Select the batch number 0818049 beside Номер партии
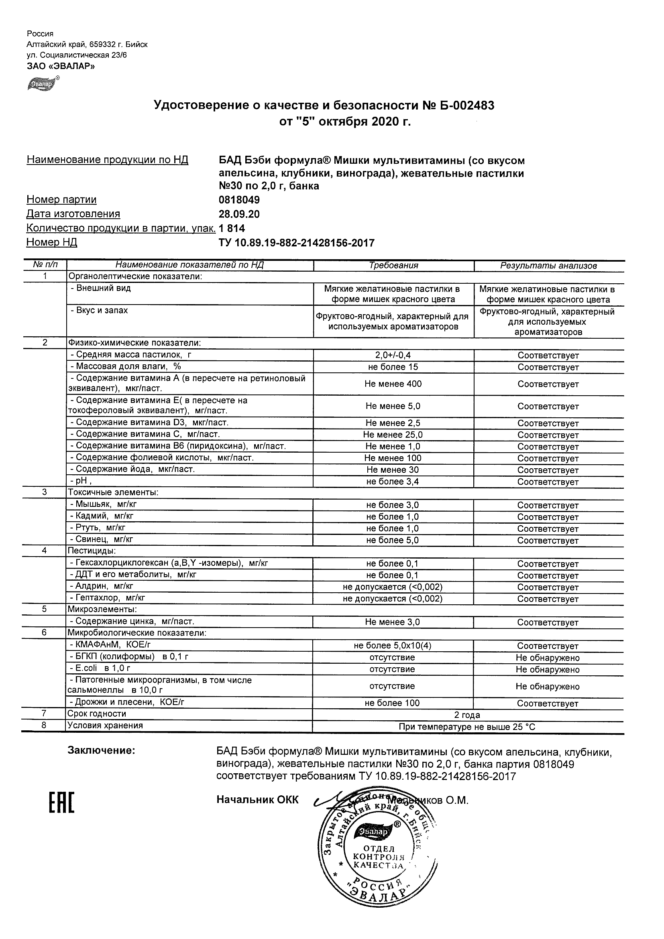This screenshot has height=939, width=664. [239, 200]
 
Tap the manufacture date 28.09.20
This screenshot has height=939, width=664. [239, 214]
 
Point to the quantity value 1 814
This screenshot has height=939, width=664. [232, 228]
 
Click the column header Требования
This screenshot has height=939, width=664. [393, 265]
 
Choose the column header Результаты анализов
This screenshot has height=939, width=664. [549, 266]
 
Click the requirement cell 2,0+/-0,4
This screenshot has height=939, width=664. [393, 356]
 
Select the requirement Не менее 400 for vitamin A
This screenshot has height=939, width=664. [393, 384]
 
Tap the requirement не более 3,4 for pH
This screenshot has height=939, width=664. [393, 482]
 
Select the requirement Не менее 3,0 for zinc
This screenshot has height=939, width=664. [393, 622]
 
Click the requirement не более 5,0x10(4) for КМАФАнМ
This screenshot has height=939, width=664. [393, 646]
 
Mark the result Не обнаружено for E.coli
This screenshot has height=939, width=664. [548, 669]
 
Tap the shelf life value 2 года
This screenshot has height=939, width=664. [467, 715]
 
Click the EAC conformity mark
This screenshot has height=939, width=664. [62, 803]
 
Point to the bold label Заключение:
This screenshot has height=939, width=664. [101, 750]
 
